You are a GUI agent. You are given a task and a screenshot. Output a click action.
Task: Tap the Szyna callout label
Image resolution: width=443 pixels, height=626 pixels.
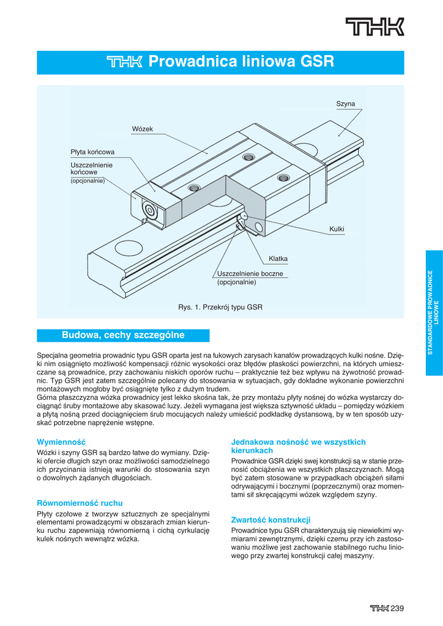pyautogui.click(x=345, y=105)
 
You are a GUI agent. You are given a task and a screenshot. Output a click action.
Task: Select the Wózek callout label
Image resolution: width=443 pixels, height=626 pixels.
pyautogui.click(x=142, y=128)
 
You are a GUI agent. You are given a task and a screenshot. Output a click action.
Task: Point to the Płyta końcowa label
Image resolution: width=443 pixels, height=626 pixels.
pyautogui.click(x=92, y=152)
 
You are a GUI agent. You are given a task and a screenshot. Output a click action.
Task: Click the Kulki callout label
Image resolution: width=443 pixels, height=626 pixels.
pyautogui.click(x=337, y=229)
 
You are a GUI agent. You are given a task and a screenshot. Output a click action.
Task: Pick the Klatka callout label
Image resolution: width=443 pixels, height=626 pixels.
pyautogui.click(x=278, y=259)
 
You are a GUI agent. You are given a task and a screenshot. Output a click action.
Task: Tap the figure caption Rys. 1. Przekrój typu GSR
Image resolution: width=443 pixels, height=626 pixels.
pyautogui.click(x=220, y=307)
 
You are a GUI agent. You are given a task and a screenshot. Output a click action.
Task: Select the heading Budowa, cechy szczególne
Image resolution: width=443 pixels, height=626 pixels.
pyautogui.click(x=123, y=335)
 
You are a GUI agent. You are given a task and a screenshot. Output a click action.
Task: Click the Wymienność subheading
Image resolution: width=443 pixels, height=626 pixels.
pyautogui.click(x=62, y=441)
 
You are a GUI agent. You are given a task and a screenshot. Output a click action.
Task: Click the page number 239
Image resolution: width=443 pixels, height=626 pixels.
pyautogui.click(x=398, y=608)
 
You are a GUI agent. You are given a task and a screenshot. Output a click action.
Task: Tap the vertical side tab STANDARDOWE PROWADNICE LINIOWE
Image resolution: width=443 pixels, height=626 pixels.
pyautogui.click(x=433, y=312)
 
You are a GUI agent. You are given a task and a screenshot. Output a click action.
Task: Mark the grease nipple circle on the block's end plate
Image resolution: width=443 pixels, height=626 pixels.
pyautogui.click(x=149, y=210)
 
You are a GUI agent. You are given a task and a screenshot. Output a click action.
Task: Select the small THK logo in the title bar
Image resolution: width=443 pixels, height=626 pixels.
pyautogui.click(x=124, y=62)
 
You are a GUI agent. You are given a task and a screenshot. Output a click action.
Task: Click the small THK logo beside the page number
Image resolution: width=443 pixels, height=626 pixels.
pyautogui.click(x=379, y=608)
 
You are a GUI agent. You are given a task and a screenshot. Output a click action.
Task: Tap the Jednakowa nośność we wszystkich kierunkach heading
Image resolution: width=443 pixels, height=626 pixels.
pyautogui.click(x=298, y=446)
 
